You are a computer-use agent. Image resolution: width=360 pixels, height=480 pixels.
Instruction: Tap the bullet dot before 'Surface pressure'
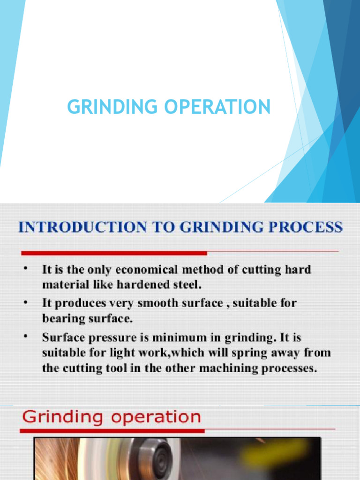(x=26, y=336)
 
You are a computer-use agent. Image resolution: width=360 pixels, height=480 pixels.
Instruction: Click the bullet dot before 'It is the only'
(x=26, y=268)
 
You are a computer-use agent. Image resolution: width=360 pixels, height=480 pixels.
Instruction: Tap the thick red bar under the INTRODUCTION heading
(x=113, y=253)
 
